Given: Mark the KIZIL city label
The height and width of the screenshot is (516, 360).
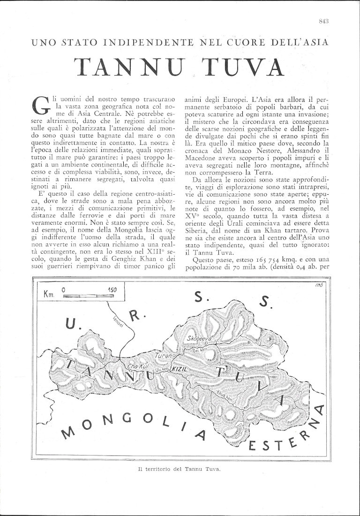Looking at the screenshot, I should coord(180,370).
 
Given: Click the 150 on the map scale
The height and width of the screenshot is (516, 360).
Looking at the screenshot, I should coord(112,289).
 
